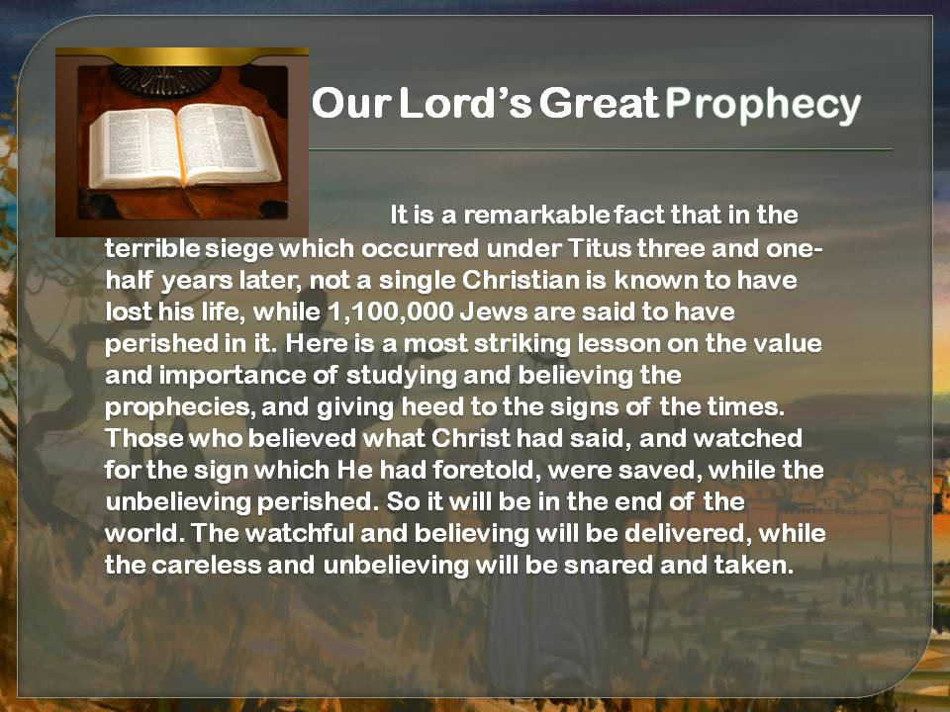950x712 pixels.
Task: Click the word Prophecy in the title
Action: coord(763,105)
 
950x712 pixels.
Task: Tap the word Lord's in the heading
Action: coord(465,102)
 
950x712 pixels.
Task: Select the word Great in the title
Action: coord(599,102)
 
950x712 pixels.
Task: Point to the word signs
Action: coord(584,407)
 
